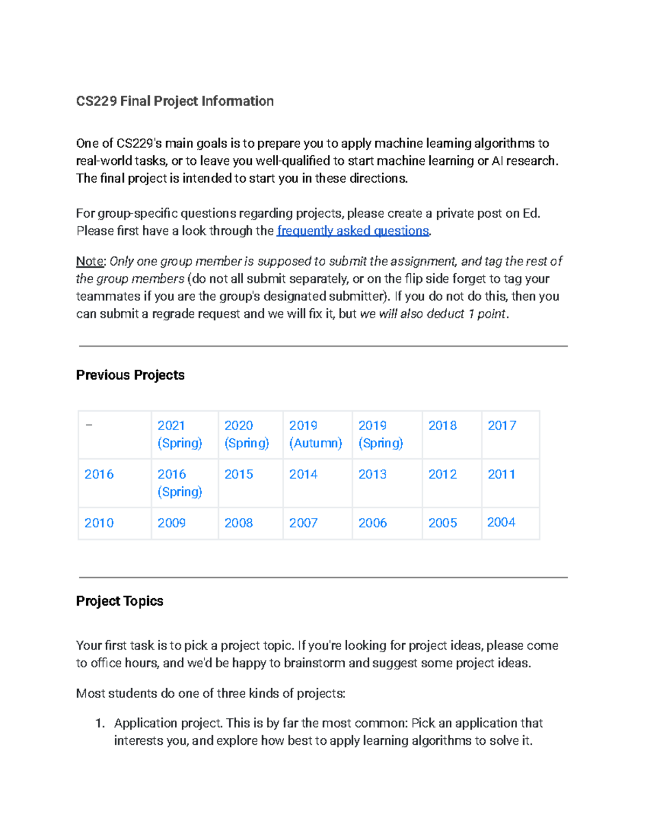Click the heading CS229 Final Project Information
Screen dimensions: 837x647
[175, 101]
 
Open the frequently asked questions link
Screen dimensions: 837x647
[353, 231]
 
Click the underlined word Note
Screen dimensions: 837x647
[90, 261]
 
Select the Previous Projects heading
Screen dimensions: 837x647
[130, 375]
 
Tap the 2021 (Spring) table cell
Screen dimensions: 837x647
[180, 434]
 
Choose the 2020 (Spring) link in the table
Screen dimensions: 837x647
[246, 434]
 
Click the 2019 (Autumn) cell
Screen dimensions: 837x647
[315, 434]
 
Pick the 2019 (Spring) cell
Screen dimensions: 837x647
[381, 434]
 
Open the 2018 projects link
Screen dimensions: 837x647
[442, 426]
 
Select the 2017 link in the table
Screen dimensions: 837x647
[501, 426]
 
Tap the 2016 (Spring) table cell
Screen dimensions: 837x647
[180, 483]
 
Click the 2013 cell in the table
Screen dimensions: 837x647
[372, 474]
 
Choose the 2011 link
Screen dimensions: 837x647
[501, 474]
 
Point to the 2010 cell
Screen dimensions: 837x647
[99, 523]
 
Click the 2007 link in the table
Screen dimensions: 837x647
[303, 523]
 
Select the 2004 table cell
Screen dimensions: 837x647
[501, 522]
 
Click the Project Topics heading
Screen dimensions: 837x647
[119, 601]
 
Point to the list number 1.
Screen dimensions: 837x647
[99, 723]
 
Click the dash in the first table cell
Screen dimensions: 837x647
[89, 425]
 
